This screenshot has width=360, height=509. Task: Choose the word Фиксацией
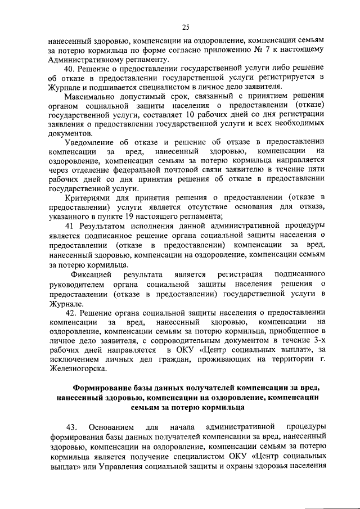click(92, 274)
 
